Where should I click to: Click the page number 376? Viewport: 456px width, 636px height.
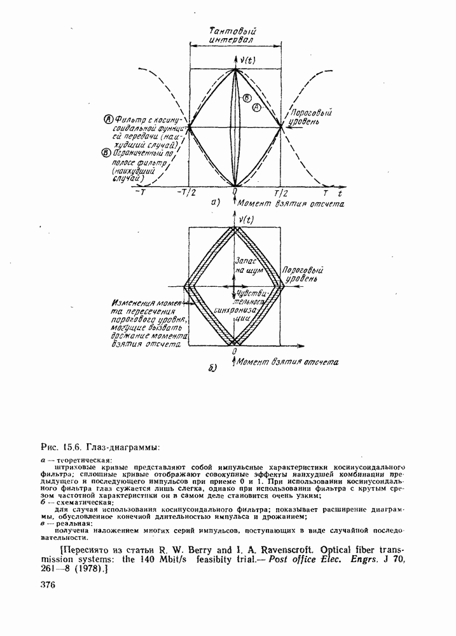coord(48,584)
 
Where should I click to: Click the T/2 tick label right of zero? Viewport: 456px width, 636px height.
coord(281,193)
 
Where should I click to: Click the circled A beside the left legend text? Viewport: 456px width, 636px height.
coord(108,119)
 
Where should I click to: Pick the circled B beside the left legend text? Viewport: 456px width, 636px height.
coord(105,151)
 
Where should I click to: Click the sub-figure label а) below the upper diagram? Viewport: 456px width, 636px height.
coord(214,204)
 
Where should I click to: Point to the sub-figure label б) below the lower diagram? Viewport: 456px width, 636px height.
coord(213,368)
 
